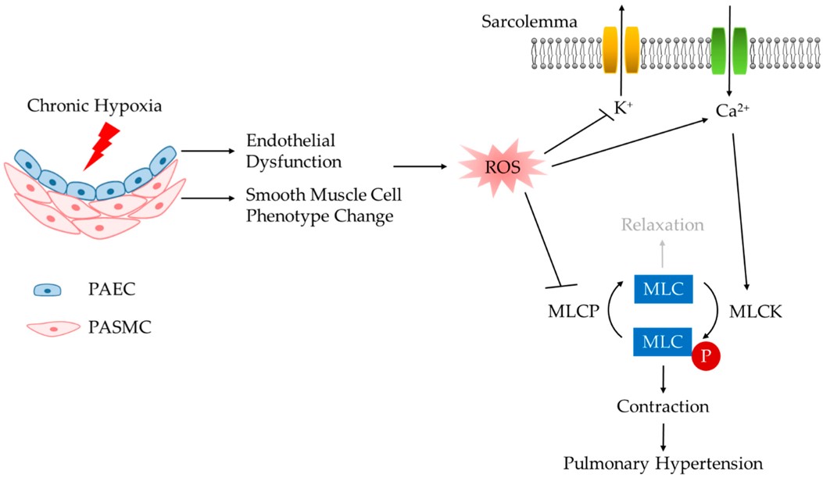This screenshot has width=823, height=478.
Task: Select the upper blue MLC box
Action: (661, 291)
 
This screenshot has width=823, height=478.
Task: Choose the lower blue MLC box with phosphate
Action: (661, 342)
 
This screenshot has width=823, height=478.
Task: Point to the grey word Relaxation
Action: (662, 225)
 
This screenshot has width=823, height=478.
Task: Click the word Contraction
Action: (662, 406)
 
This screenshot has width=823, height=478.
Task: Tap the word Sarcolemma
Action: (530, 22)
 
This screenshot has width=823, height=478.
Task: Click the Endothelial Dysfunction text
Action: (291, 151)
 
